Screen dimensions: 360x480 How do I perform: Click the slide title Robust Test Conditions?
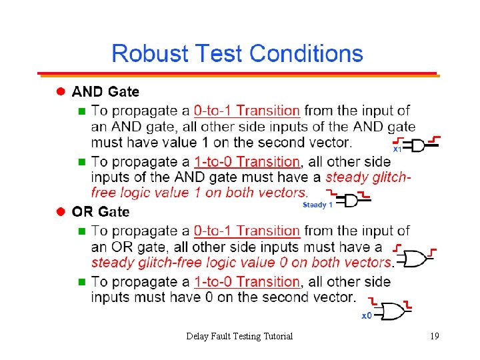(x=237, y=53)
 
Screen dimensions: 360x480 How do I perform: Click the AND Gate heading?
(x=105, y=91)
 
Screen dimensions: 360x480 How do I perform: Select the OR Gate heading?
(x=101, y=211)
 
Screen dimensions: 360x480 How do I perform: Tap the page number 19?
(x=434, y=336)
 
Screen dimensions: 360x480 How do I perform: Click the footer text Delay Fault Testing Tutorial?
(x=239, y=336)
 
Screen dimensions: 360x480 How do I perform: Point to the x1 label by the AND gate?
(x=397, y=150)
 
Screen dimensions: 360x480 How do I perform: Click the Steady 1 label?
(x=317, y=205)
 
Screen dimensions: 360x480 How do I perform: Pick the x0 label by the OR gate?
(x=367, y=315)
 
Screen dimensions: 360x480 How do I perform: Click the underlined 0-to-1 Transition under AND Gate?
(x=247, y=111)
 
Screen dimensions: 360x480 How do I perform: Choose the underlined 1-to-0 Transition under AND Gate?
(x=247, y=161)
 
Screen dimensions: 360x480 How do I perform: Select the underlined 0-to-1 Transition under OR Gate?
(x=247, y=231)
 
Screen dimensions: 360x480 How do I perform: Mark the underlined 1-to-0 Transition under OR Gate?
(x=247, y=281)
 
